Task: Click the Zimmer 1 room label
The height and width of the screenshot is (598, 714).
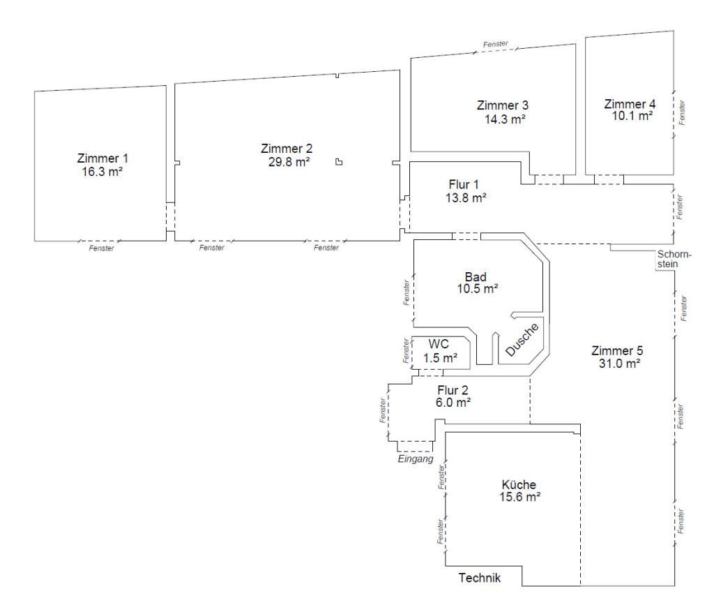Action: point(102,158)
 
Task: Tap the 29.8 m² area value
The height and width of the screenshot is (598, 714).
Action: point(289,162)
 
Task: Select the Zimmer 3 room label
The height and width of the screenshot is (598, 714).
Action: point(503,105)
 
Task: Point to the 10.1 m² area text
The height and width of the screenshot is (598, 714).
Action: point(632,116)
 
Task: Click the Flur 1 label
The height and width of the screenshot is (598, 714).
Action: point(464,185)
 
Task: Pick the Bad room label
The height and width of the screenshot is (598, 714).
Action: point(476,276)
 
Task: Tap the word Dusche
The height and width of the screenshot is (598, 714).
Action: point(522,340)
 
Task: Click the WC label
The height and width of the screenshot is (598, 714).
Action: point(439,344)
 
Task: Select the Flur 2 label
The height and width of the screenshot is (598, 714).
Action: point(453,390)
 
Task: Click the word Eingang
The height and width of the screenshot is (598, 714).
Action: point(416,459)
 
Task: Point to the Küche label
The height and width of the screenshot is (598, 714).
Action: point(519,484)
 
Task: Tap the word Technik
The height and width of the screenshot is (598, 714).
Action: point(480,578)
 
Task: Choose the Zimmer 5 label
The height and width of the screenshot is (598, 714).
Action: point(617,350)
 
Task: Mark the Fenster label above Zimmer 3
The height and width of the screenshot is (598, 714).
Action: point(496,44)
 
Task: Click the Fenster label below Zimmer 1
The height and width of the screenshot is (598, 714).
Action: point(102,248)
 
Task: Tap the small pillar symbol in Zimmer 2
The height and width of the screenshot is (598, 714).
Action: point(339,162)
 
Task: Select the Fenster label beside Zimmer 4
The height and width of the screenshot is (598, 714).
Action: point(682,112)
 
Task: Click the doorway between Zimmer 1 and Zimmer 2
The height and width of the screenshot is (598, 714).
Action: point(170,216)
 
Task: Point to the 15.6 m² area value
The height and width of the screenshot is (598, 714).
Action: point(520,497)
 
